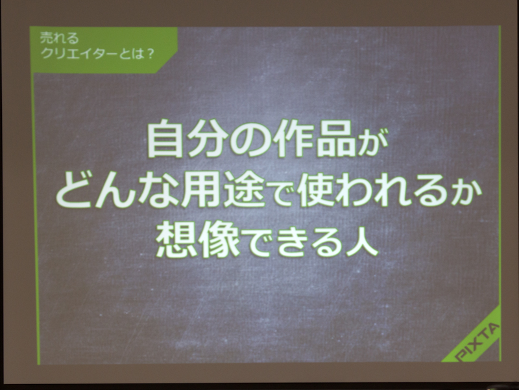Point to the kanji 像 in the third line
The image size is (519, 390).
(218, 240)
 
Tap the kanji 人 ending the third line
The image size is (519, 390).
(361, 241)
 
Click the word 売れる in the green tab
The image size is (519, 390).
(60, 40)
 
